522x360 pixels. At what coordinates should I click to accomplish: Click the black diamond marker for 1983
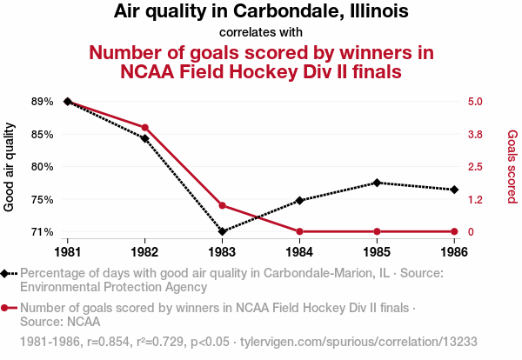click(222, 231)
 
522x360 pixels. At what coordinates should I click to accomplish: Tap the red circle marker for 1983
click(222, 205)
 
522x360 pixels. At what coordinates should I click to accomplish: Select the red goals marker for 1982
click(144, 127)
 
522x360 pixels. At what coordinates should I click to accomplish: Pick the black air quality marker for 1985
click(377, 183)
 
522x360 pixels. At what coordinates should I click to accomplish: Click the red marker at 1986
click(454, 231)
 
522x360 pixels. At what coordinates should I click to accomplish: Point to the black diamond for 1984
click(299, 200)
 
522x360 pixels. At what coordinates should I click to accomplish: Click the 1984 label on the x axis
click(299, 252)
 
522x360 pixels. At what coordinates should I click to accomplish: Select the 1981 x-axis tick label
click(68, 252)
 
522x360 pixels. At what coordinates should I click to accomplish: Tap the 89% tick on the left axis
click(42, 102)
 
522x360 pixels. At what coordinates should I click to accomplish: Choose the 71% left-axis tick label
click(42, 232)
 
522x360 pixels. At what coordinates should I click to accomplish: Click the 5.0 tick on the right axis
click(475, 102)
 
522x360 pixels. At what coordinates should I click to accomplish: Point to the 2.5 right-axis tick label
click(475, 167)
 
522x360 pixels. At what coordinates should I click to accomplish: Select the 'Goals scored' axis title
click(512, 167)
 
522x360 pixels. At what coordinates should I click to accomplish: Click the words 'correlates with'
click(261, 33)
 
